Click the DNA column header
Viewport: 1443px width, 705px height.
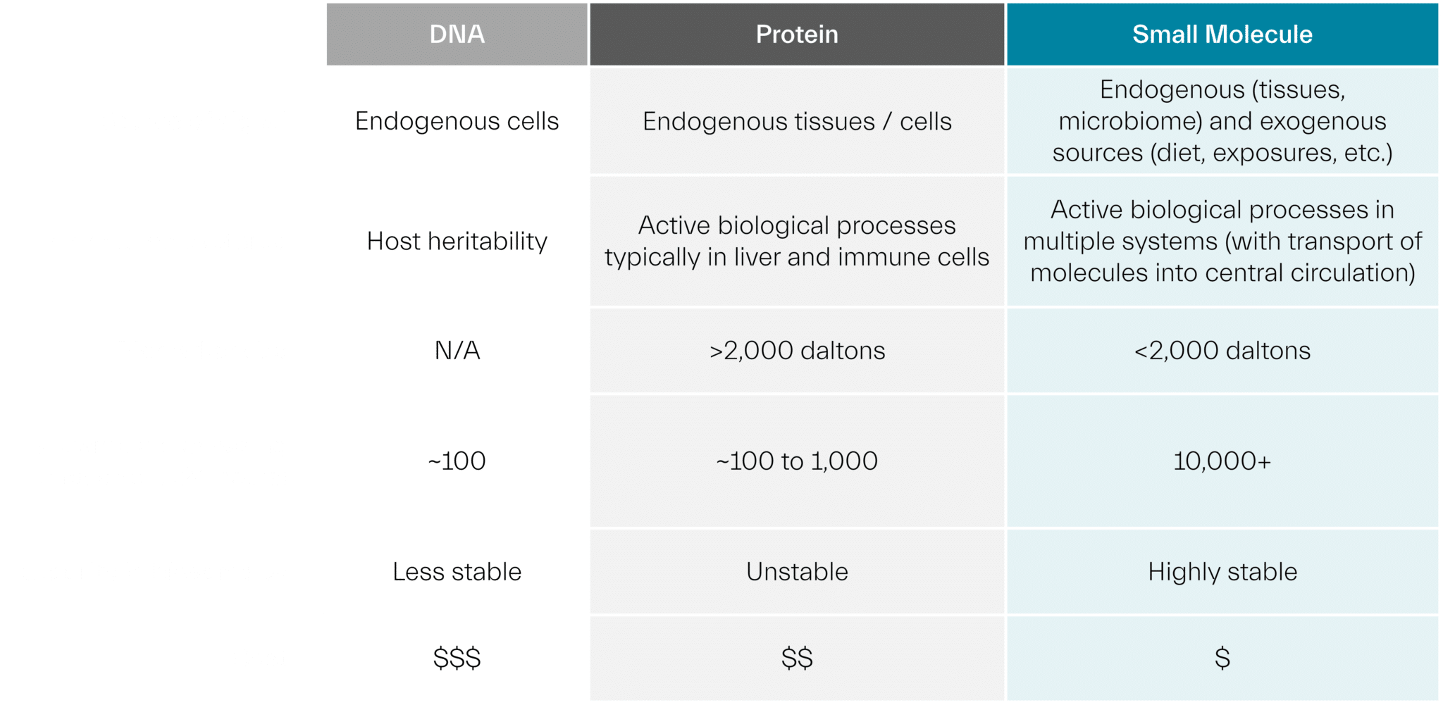tap(457, 35)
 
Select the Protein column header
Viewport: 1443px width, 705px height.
tap(797, 35)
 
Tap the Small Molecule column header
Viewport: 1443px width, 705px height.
tap(1222, 35)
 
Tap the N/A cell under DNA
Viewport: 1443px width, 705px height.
tap(457, 351)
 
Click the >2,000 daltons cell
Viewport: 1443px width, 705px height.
tap(797, 351)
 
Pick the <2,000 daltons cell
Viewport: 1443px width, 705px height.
tap(1222, 351)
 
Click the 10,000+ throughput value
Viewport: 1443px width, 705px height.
tap(1222, 461)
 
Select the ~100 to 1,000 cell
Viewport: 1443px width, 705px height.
tap(797, 461)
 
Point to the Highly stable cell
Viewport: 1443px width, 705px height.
tap(1222, 572)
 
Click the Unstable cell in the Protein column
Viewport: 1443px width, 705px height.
tap(797, 572)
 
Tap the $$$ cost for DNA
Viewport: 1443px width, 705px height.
tap(457, 659)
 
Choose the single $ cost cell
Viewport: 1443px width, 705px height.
tap(1222, 659)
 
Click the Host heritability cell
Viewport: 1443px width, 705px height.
tap(457, 242)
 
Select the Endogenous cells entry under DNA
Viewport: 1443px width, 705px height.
tap(457, 121)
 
